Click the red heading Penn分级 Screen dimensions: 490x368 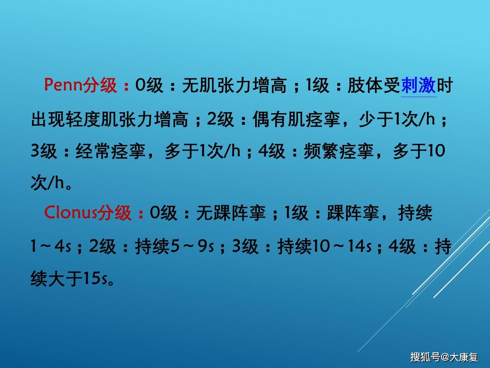pyautogui.click(x=81, y=85)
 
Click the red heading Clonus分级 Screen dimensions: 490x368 pyautogui.click(x=88, y=213)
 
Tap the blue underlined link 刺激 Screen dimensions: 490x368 pyautogui.click(x=419, y=85)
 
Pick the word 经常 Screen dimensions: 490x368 pyautogui.click(x=93, y=151)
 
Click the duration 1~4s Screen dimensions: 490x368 pyautogui.click(x=51, y=246)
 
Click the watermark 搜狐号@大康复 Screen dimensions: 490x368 pyautogui.click(x=444, y=357)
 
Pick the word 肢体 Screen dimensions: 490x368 pyautogui.click(x=365, y=85)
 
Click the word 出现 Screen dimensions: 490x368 pyautogui.click(x=48, y=120)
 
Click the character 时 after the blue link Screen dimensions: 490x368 pyautogui.click(x=445, y=85)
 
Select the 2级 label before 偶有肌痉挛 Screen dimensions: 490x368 pyautogui.click(x=220, y=120)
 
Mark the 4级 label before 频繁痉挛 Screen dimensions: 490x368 pyautogui.click(x=272, y=151)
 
